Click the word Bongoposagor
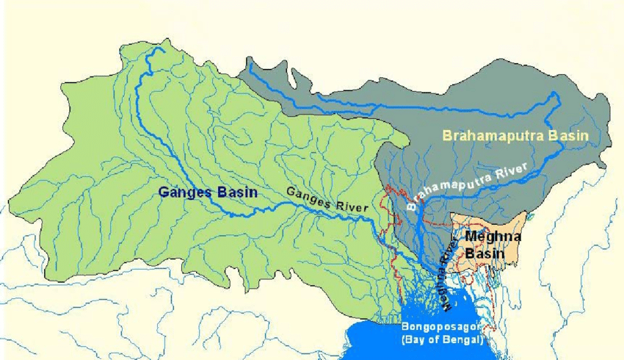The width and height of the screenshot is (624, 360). pos(439,326)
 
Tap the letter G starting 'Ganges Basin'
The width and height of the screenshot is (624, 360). pos(163,193)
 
